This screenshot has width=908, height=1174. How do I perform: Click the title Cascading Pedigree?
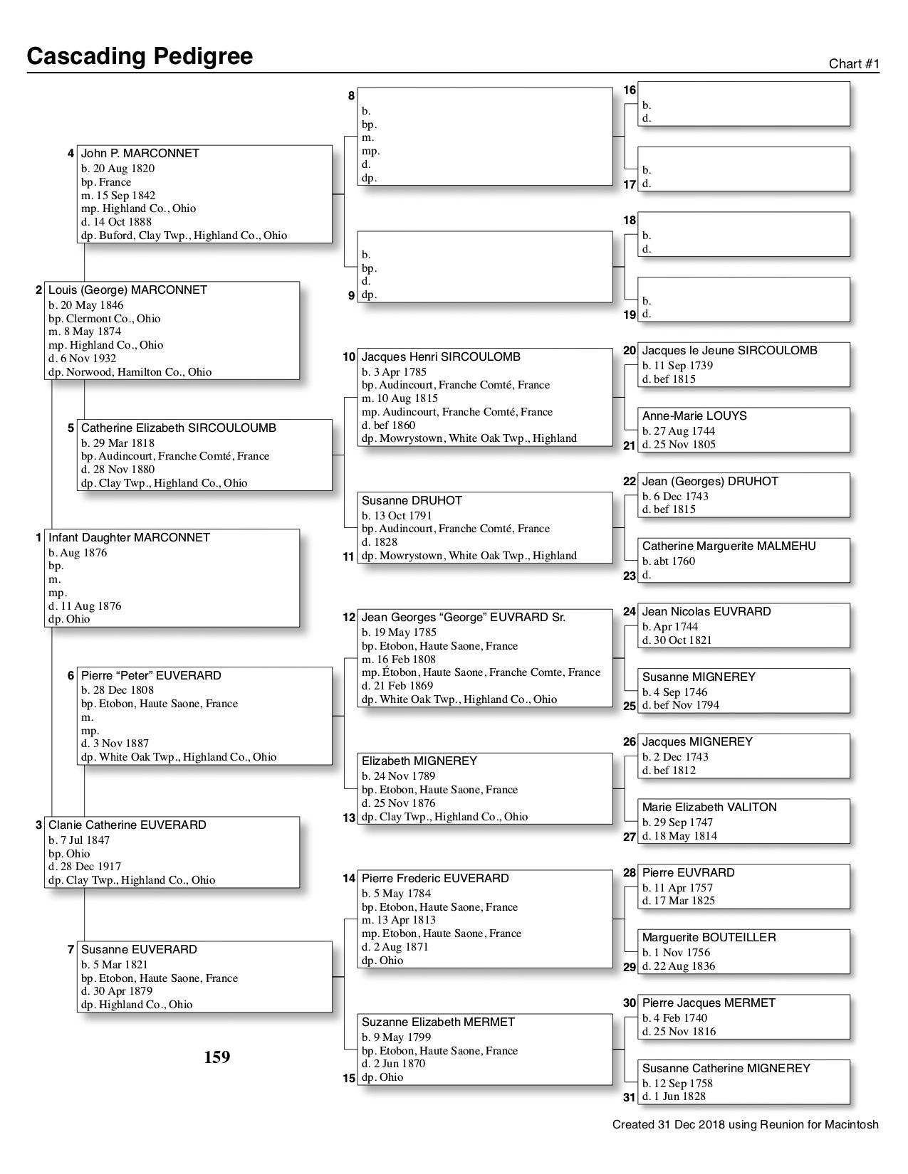pos(140,56)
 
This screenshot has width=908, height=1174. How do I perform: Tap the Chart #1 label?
pos(854,64)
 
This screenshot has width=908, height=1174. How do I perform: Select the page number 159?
pos(217,1057)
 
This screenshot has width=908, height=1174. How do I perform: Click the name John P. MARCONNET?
pos(140,154)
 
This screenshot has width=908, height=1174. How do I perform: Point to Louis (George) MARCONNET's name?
pos(127,290)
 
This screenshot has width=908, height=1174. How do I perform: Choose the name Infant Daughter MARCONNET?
pos(129,538)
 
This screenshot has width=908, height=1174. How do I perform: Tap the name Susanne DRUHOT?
pos(412,501)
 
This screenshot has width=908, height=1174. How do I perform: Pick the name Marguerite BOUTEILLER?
pos(709,938)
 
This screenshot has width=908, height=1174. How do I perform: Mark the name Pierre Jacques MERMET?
pos(708,1003)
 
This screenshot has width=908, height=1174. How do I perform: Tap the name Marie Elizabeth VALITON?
pos(709,808)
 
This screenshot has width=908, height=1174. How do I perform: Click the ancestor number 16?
pos(630,90)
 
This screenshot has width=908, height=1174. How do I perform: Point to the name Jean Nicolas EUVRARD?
pos(706,612)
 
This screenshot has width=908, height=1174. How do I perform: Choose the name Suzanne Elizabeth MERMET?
pos(438,1022)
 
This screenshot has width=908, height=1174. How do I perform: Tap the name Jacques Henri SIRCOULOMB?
pos(441,357)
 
